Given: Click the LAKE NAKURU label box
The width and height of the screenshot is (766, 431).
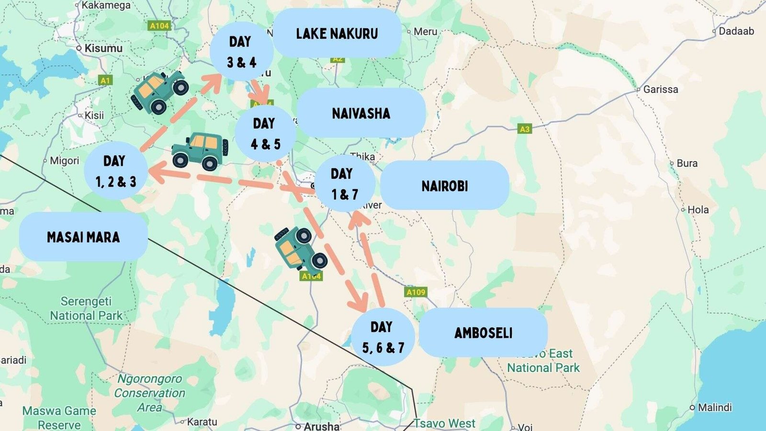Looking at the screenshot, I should tap(337, 34).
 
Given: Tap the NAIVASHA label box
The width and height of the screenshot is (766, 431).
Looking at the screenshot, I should tap(361, 113).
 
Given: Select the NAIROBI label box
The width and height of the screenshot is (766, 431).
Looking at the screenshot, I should tap(444, 186).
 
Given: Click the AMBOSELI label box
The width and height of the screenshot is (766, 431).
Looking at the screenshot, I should tap(483, 333).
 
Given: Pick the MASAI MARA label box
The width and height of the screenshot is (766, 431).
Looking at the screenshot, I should tap(83, 237).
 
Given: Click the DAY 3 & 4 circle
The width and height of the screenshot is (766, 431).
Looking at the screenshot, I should tap(241, 52).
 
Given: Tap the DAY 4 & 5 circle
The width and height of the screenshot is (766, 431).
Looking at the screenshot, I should tap(265, 134).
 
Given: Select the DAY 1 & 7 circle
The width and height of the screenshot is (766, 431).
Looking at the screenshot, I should tap(345, 183).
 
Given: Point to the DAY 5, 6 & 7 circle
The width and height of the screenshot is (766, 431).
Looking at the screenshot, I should tap(383, 337).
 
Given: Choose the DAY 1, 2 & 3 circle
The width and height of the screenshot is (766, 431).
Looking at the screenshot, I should tap(115, 171).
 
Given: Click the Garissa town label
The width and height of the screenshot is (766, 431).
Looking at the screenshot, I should tap(660, 90).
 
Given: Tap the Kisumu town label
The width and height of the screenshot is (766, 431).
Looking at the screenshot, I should tap(103, 48).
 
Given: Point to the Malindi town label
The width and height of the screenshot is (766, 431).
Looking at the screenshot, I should tap(714, 408).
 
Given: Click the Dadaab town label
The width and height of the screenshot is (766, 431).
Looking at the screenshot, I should tap(736, 31).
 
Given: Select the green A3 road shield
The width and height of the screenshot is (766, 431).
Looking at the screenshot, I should tap(525, 129).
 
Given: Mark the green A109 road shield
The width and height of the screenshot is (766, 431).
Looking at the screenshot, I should tap(416, 292).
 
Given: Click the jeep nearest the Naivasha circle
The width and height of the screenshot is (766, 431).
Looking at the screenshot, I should tap(200, 151).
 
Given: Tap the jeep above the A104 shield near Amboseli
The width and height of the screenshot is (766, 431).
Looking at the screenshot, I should tap(300, 248).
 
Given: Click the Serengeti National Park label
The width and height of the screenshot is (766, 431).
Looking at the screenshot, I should tap(86, 308).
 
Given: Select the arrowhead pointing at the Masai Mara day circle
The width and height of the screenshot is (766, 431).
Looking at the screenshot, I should tap(157, 172).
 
